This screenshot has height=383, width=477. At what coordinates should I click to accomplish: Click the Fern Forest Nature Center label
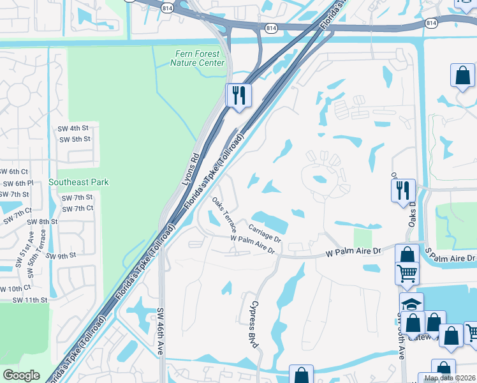198,59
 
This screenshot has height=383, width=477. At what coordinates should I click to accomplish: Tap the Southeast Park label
82,182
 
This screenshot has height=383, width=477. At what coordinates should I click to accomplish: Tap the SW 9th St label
61,255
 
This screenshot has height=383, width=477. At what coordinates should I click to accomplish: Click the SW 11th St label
30,299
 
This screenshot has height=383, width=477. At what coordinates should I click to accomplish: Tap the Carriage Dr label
265,232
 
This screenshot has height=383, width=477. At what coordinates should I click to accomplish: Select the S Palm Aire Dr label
453,258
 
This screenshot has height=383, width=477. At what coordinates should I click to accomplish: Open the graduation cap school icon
411,303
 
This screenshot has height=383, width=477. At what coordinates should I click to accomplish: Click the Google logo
21,375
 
